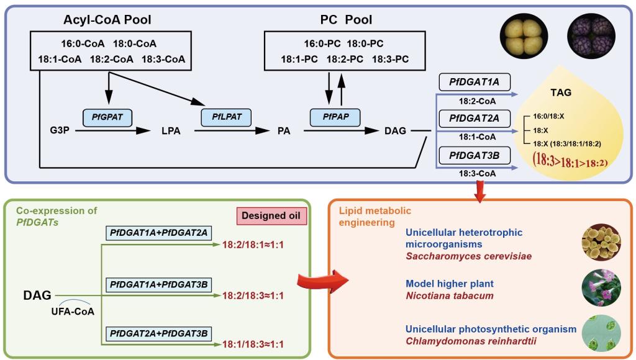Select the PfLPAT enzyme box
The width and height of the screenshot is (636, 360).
225,117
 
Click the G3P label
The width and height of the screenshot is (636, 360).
60,132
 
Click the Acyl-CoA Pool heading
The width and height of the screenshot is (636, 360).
107,20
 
